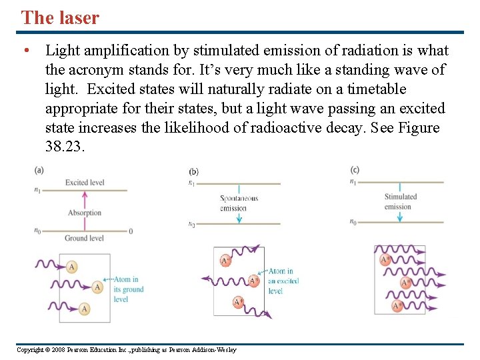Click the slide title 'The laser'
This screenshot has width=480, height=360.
(60, 17)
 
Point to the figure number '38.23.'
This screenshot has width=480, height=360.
(65, 147)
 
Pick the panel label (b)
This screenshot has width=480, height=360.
(193, 171)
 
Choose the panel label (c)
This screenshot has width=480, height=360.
(355, 170)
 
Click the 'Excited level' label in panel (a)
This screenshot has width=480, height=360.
(85, 183)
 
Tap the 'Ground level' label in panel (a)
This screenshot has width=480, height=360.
(84, 238)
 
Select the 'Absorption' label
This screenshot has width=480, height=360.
(85, 213)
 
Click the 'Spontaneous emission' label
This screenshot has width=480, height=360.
(239, 203)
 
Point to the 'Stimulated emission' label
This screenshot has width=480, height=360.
(400, 201)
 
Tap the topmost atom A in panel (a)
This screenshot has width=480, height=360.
(72, 267)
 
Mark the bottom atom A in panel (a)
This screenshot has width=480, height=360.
(85, 309)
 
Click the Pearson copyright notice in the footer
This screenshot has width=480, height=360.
(126, 350)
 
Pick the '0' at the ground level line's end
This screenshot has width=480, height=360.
(131, 231)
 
